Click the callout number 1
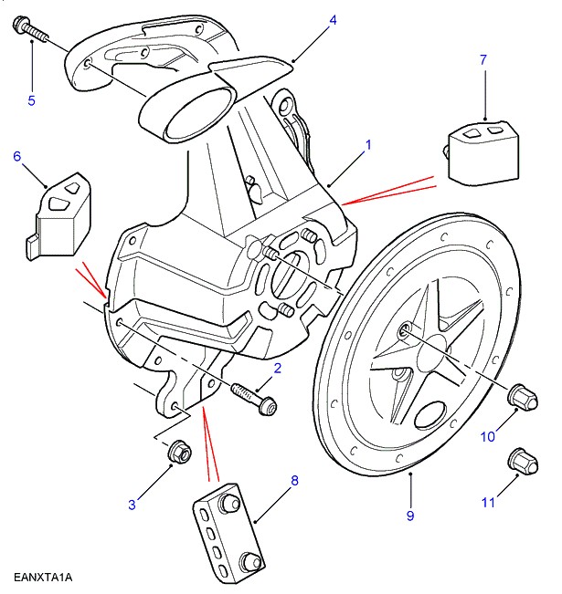368,144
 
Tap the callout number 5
31,100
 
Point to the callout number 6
16,156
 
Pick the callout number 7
483,60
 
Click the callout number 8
294,479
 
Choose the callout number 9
410,516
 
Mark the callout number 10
488,437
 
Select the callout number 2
278,368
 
